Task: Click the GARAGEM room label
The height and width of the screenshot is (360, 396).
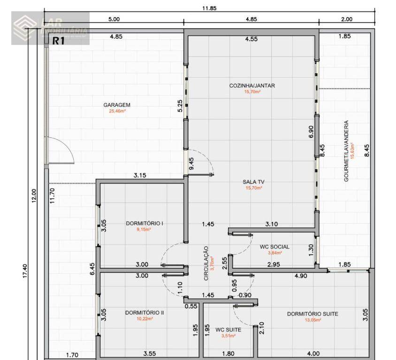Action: click(x=117, y=105)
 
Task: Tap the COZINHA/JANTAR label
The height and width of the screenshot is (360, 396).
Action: click(x=252, y=85)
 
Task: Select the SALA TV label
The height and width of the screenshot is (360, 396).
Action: click(x=253, y=182)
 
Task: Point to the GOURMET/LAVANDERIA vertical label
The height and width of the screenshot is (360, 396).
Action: click(x=347, y=151)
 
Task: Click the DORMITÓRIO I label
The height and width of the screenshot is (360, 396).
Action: click(x=144, y=224)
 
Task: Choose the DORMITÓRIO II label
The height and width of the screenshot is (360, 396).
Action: click(x=144, y=312)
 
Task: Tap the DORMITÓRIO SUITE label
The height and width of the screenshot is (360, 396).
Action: click(x=312, y=314)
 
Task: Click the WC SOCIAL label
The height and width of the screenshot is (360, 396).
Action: click(x=274, y=247)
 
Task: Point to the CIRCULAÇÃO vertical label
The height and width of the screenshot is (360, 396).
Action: click(x=206, y=263)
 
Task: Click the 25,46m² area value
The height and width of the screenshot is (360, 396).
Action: click(x=117, y=112)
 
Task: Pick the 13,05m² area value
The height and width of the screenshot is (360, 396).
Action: click(x=312, y=320)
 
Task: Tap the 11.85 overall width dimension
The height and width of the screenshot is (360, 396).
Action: click(x=210, y=8)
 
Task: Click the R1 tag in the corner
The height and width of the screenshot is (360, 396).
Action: click(x=58, y=41)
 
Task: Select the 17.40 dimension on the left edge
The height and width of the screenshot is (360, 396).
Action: click(x=25, y=271)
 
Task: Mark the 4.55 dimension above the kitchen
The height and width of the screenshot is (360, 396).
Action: click(x=251, y=39)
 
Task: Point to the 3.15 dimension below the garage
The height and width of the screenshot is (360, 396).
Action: click(x=140, y=176)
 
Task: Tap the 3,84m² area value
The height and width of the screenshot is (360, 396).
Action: click(x=274, y=253)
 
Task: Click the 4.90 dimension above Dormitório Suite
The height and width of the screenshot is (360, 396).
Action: click(x=300, y=276)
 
